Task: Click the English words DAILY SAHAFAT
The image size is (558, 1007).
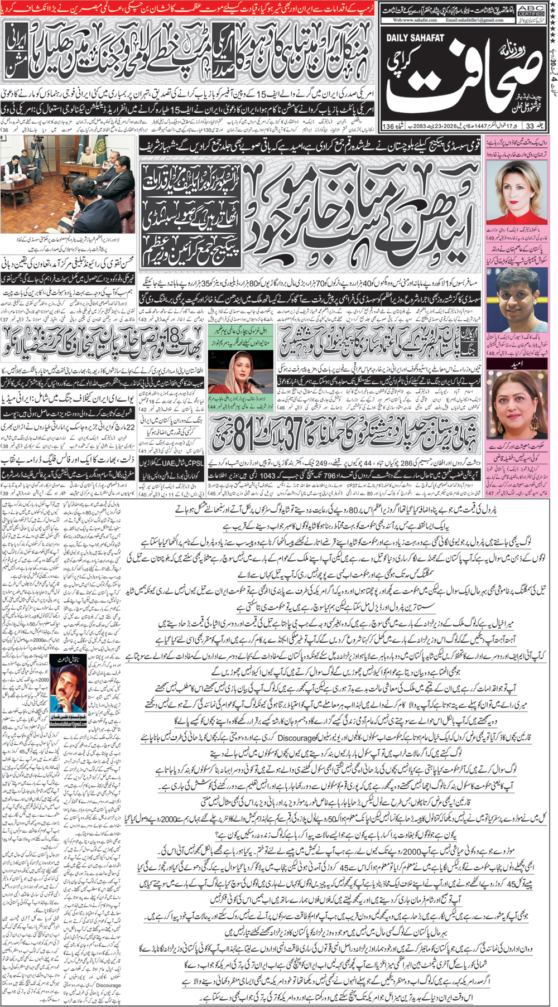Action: (x=413, y=37)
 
